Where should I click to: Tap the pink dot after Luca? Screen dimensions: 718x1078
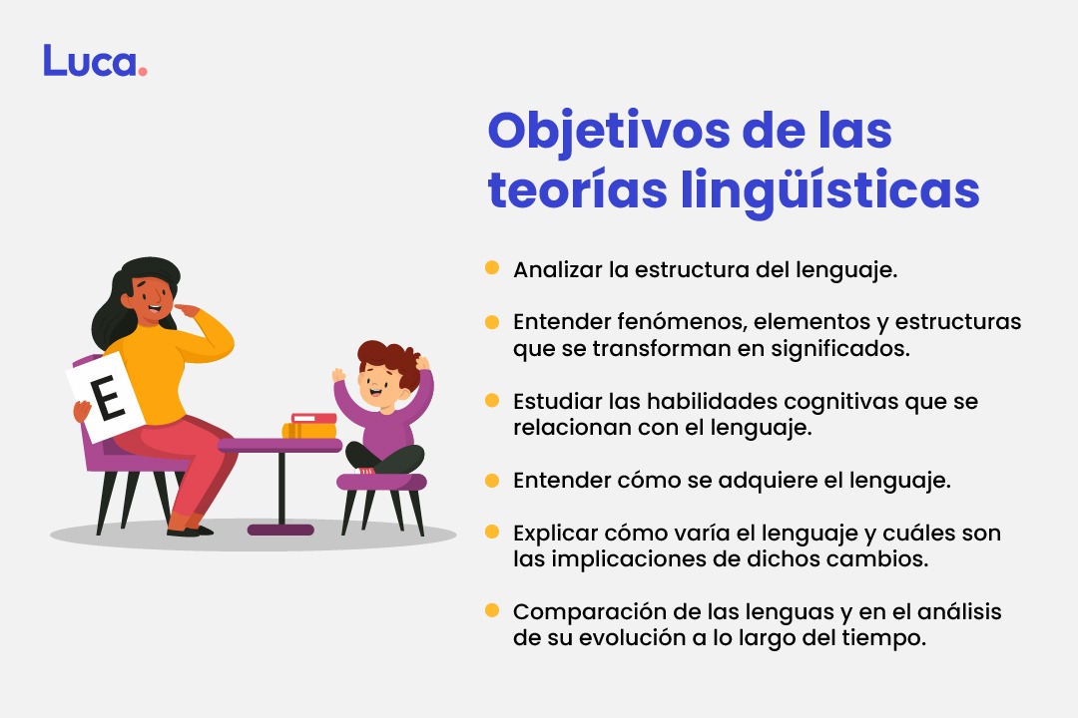[143, 72]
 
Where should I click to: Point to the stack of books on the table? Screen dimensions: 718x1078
[310, 426]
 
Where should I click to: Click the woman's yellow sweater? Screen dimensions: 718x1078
[175, 369]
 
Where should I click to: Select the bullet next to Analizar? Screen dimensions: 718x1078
[492, 268]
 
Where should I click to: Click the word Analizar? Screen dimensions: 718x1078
[555, 269]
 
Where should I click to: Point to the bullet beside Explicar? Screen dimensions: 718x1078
[492, 532]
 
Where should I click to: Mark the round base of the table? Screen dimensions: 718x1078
[280, 530]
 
